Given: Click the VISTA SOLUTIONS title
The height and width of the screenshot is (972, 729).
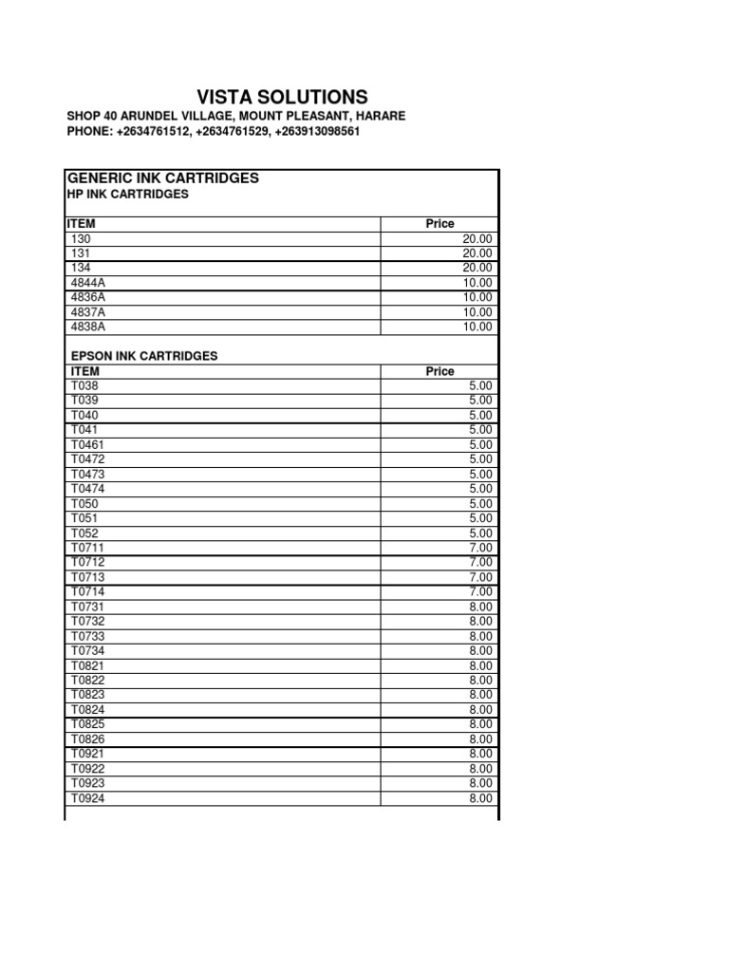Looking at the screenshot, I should (x=282, y=97).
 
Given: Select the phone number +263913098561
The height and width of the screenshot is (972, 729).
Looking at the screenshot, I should (x=317, y=132).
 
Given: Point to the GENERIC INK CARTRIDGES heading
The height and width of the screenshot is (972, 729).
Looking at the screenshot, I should (x=162, y=178).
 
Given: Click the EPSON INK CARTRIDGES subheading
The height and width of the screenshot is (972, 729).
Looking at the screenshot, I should (x=144, y=356).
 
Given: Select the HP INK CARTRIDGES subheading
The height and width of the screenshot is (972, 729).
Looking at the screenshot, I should (x=127, y=194).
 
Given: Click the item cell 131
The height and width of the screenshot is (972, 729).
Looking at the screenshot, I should (x=80, y=253).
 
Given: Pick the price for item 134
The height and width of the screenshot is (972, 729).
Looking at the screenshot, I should (x=477, y=268).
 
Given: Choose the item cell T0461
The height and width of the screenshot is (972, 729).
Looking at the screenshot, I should (x=85, y=444).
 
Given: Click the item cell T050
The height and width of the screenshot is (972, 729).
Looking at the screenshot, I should (x=83, y=503).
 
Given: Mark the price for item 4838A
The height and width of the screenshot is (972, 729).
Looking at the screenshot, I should (x=477, y=327).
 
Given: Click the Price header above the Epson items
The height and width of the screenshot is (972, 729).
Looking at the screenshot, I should (x=439, y=371).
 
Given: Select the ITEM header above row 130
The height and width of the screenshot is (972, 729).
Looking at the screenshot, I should (x=81, y=224).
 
